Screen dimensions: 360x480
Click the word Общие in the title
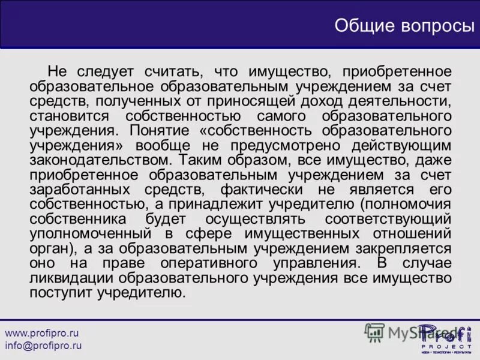pos(364,25)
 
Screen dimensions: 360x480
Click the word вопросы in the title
pos(433,25)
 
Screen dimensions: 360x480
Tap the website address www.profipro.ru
pos(42,332)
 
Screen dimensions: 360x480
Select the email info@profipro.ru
pos(43,346)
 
